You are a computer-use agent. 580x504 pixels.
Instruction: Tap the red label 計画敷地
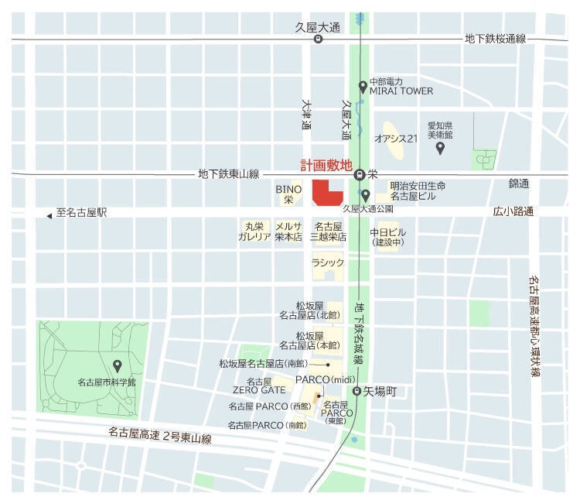pyautogui.click(x=326, y=166)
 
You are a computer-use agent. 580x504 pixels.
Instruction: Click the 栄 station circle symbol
pyautogui.click(x=360, y=175)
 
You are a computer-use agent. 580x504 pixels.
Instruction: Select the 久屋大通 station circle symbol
pyautogui.click(x=318, y=39)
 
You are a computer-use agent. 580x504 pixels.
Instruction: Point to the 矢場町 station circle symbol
pyautogui.click(x=357, y=392)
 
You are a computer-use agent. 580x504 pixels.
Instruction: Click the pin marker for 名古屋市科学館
pyautogui.click(x=118, y=365)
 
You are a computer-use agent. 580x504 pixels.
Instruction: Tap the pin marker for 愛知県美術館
pyautogui.click(x=440, y=147)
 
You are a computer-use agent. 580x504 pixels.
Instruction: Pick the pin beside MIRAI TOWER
pyautogui.click(x=363, y=87)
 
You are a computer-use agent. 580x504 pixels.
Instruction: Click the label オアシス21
pyautogui.click(x=395, y=139)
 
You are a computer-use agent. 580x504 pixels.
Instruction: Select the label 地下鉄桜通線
pyautogui.click(x=495, y=39)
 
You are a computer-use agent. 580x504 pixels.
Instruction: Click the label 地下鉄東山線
pyautogui.click(x=228, y=175)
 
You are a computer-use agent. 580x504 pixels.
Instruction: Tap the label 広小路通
pyautogui.click(x=514, y=211)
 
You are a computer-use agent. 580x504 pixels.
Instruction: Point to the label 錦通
pyautogui.click(x=518, y=183)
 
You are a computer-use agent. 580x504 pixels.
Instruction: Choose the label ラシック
pyautogui.click(x=327, y=263)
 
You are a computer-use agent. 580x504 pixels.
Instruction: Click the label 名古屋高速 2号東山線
pyautogui.click(x=160, y=437)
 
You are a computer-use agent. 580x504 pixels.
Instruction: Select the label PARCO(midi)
pyautogui.click(x=324, y=380)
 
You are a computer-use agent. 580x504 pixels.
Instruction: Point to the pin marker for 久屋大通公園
pyautogui.click(x=366, y=194)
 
